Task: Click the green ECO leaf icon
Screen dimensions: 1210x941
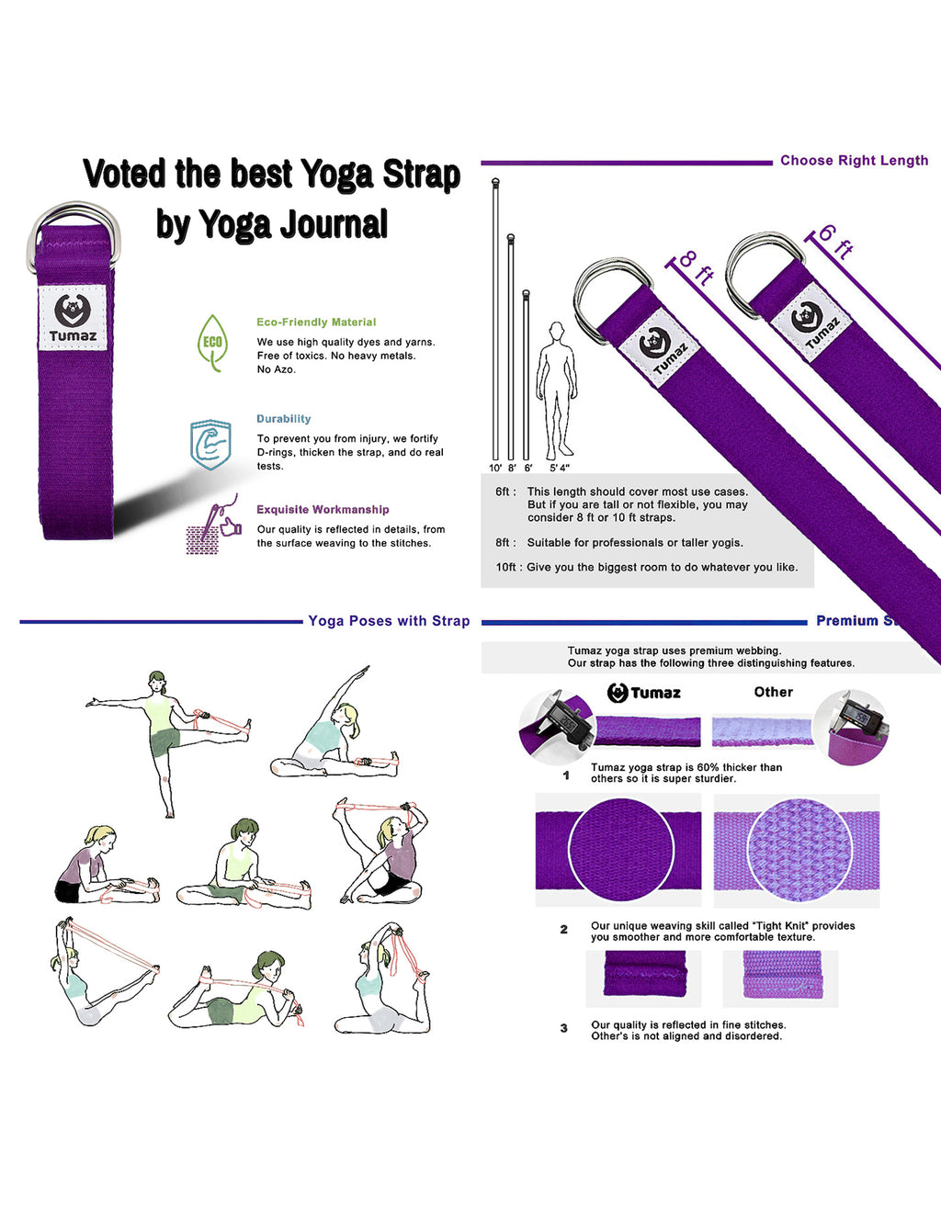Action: click(212, 342)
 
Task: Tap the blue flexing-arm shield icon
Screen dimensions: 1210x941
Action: click(210, 445)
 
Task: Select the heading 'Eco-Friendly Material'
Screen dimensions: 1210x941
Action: click(316, 322)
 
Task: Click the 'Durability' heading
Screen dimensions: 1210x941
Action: click(283, 419)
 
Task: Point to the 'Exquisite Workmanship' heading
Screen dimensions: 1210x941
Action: click(323, 510)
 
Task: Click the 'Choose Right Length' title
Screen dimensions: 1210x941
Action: click(854, 161)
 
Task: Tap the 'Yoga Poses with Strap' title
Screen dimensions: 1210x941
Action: click(389, 621)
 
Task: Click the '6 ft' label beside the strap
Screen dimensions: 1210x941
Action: click(835, 240)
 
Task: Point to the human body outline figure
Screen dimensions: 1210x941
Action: click(556, 390)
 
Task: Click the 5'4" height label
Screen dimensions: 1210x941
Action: click(559, 469)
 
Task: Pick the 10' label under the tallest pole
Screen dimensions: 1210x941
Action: click(495, 469)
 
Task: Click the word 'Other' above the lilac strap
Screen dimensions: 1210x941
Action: click(773, 692)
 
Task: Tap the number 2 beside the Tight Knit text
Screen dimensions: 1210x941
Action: click(564, 930)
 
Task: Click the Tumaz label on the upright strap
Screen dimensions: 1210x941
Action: click(73, 318)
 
